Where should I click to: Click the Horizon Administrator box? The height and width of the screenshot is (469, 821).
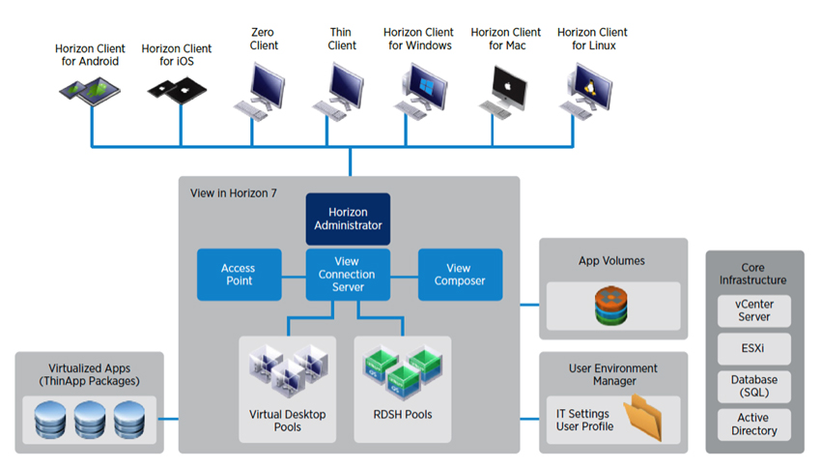click(x=348, y=219)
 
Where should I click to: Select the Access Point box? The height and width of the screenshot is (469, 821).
click(x=239, y=275)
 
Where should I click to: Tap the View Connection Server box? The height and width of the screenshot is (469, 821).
click(x=347, y=275)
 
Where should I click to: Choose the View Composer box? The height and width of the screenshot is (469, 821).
click(x=460, y=275)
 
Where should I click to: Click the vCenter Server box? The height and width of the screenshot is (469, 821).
click(x=754, y=310)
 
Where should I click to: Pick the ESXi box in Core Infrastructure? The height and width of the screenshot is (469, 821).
click(x=754, y=348)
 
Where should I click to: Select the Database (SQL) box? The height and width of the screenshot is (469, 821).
click(x=754, y=386)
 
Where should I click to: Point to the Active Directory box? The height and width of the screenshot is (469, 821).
click(x=754, y=425)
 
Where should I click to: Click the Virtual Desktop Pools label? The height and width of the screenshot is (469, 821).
click(x=288, y=421)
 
